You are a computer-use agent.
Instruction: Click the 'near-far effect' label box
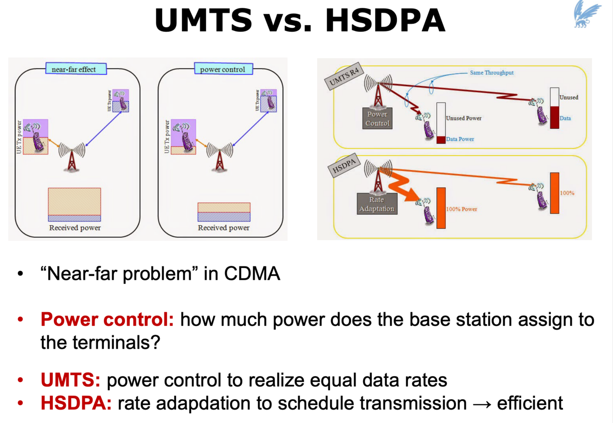point(76,69)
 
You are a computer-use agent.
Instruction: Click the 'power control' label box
point(223,69)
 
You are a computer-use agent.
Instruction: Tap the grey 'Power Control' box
point(377,119)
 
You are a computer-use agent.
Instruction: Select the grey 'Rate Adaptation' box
point(377,204)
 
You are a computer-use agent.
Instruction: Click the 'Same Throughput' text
point(492,72)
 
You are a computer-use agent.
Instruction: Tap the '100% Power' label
point(462,209)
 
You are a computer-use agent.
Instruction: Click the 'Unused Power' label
point(464,118)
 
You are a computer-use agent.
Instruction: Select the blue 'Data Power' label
point(460,139)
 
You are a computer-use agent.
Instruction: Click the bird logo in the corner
point(587,14)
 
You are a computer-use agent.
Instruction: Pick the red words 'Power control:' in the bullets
point(107,319)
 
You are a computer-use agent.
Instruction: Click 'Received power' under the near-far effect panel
point(75,228)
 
